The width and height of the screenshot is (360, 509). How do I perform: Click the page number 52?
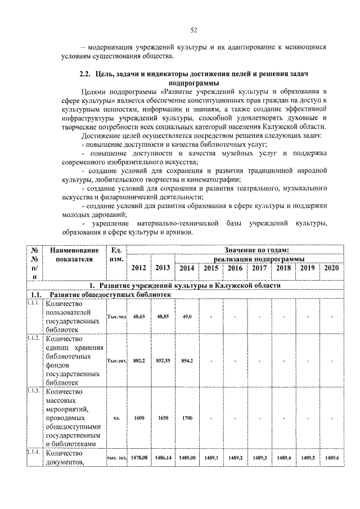tap(193, 30)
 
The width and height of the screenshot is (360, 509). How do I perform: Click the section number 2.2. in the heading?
tap(84, 74)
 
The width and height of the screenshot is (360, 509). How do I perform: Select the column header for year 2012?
tap(138, 268)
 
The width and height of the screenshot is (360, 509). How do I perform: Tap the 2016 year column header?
tap(235, 268)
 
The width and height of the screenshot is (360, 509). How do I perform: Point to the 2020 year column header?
tap(332, 268)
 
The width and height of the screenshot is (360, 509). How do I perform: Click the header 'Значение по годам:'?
tap(256, 250)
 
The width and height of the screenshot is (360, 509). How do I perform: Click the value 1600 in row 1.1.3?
tap(138, 418)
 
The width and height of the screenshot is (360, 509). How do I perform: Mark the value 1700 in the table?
tap(187, 418)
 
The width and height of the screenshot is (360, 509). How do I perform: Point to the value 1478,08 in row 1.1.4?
tap(138, 458)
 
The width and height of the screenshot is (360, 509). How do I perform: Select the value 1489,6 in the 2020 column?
tap(332, 458)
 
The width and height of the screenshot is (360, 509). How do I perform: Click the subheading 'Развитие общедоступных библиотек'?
tap(110, 295)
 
